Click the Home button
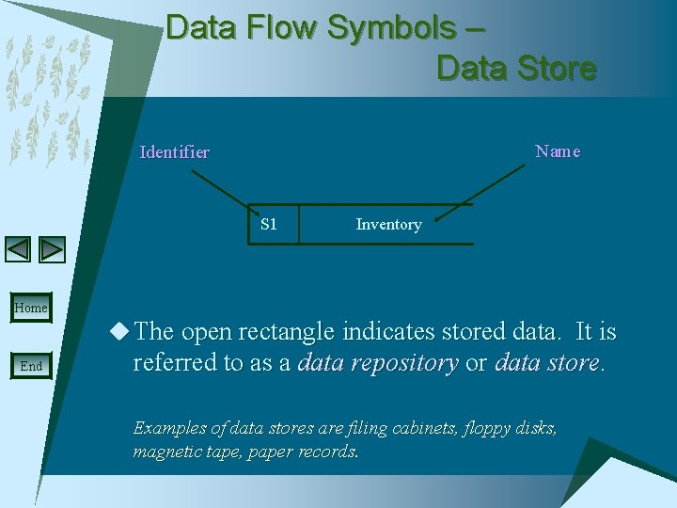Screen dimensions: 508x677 30,308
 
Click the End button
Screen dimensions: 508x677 30,366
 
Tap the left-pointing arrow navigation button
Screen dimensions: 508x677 18,249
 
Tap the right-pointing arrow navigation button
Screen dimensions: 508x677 53,249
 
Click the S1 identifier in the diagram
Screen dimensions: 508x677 269,224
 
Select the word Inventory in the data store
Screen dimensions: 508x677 388,225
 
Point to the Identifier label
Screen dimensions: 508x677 174,152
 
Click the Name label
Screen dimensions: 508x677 558,151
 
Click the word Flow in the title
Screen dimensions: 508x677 283,28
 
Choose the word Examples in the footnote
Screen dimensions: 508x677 169,428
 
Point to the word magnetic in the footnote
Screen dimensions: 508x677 165,451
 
